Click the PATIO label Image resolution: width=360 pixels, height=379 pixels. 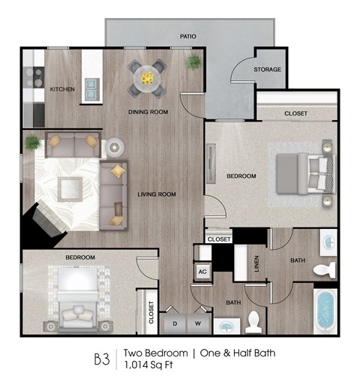point(187,35)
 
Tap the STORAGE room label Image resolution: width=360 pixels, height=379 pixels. point(268,70)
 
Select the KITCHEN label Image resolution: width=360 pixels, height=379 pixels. point(62,89)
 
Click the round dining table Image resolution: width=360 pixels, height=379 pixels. point(146,77)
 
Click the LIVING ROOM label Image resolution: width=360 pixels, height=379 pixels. point(156,194)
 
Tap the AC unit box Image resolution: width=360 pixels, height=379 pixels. point(202,272)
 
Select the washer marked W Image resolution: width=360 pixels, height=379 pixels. point(198,323)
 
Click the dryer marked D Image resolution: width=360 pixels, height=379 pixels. point(175,323)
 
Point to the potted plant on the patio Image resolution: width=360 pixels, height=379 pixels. point(194,61)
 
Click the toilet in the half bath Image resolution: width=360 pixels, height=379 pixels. point(253,321)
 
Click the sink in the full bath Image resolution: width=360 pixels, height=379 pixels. point(328,242)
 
